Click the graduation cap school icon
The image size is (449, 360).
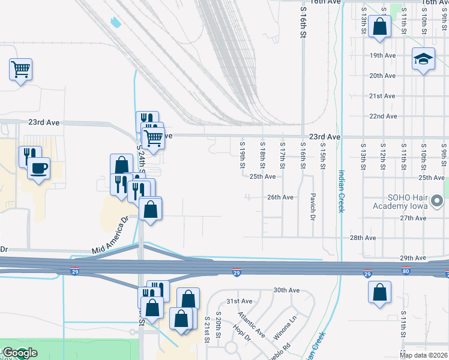click(423, 59)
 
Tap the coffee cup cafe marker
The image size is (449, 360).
click(39, 168)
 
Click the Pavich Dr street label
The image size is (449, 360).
click(313, 206)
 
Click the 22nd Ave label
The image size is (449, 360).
click(382, 116)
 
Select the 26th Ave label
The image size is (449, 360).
click(280, 197)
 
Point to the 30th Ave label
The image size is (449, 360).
click(286, 290)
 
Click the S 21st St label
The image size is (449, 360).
click(206, 329)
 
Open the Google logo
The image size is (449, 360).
click(19, 353)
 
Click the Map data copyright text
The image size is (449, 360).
click(423, 355)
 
